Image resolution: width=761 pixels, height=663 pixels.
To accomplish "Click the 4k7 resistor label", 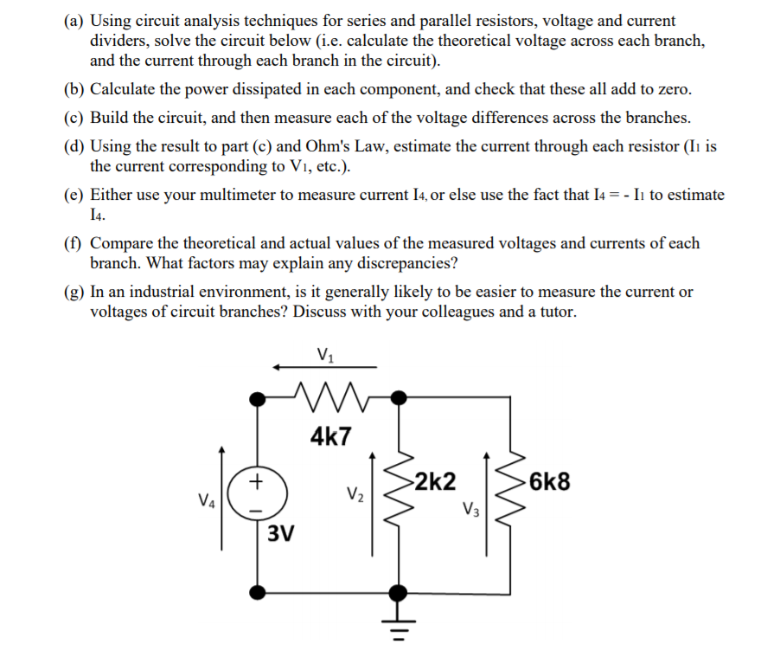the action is [x=330, y=435].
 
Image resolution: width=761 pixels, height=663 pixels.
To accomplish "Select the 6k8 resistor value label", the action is [x=550, y=481].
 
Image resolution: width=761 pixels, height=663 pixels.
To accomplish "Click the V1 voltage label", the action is [x=325, y=354].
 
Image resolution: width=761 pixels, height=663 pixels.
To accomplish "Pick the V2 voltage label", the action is [x=355, y=496].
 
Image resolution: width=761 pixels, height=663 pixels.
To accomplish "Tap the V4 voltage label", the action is [x=206, y=499].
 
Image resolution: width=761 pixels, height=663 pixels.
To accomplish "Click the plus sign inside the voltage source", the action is [x=256, y=479].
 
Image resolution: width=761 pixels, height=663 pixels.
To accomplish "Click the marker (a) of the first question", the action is [x=74, y=20].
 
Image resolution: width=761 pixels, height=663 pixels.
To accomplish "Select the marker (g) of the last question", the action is [x=75, y=292].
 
